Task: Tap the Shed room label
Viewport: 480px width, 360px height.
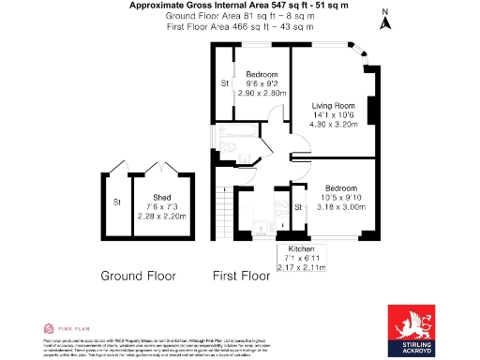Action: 162,198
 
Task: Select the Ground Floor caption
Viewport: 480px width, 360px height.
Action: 139,277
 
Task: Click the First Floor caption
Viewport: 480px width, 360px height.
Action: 242,277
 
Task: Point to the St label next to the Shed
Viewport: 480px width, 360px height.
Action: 117,202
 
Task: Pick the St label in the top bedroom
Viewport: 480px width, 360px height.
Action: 225,84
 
